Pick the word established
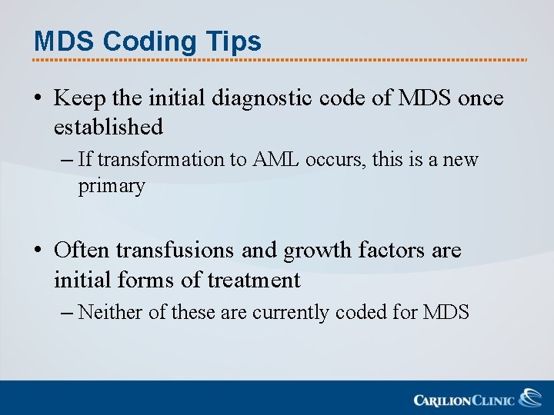(x=108, y=126)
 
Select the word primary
(x=112, y=187)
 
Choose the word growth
(x=316, y=251)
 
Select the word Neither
(x=108, y=312)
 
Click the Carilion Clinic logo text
(x=464, y=400)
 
